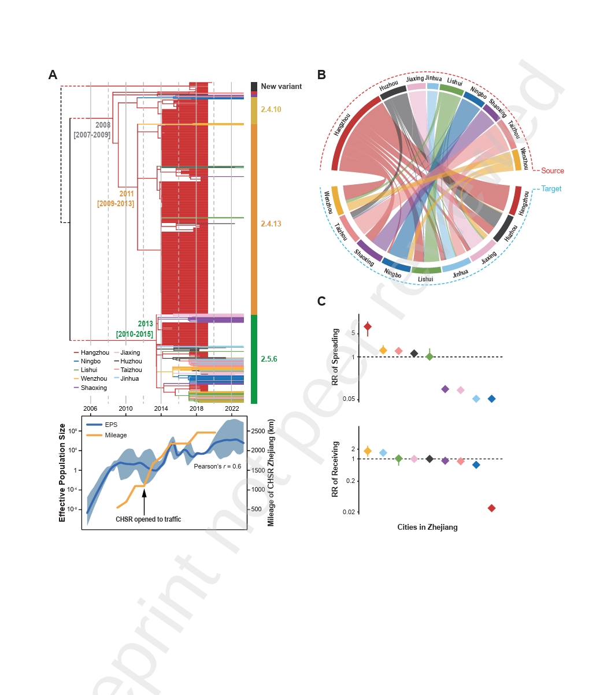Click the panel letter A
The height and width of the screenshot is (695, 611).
point(53,75)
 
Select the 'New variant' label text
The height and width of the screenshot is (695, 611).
point(281,87)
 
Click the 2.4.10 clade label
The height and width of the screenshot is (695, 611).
point(271,110)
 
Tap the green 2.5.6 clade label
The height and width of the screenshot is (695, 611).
point(269,359)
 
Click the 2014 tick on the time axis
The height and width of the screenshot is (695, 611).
point(161,408)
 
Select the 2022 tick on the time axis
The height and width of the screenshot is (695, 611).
point(232,408)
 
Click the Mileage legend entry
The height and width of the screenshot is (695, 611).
point(116,435)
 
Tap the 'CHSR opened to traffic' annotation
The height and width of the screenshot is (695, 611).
point(148,519)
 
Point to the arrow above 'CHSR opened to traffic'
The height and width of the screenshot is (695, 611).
point(144,500)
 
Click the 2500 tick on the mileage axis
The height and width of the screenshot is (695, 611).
point(258,431)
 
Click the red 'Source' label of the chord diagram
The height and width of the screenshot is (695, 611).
point(552,171)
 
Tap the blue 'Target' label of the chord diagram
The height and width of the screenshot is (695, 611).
point(551,189)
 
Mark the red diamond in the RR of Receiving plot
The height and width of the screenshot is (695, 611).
point(491,508)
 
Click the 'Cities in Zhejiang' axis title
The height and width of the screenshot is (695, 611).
point(427,527)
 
